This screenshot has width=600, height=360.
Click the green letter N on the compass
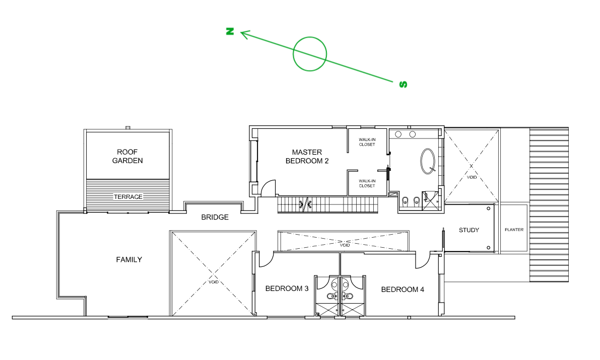coord(230,31)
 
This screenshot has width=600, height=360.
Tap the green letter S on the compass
coord(403,85)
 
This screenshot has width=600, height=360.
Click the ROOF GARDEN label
coord(127,157)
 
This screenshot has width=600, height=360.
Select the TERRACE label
coord(128,197)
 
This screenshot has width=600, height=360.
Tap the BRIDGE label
coord(215,218)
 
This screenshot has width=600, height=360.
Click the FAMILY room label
coord(129,260)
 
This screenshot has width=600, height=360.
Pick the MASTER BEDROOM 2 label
coord(307,157)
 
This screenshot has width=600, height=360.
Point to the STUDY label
coord(469,230)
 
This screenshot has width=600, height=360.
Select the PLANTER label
coord(514,230)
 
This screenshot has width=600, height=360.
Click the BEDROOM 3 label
coord(287,289)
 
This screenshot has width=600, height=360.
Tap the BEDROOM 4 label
coord(403,290)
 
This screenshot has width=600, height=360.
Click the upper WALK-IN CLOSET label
coord(367,142)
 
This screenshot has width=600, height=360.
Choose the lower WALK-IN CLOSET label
coord(367,183)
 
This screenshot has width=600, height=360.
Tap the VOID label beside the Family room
coord(214,282)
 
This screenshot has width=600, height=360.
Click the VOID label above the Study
coord(472,177)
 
